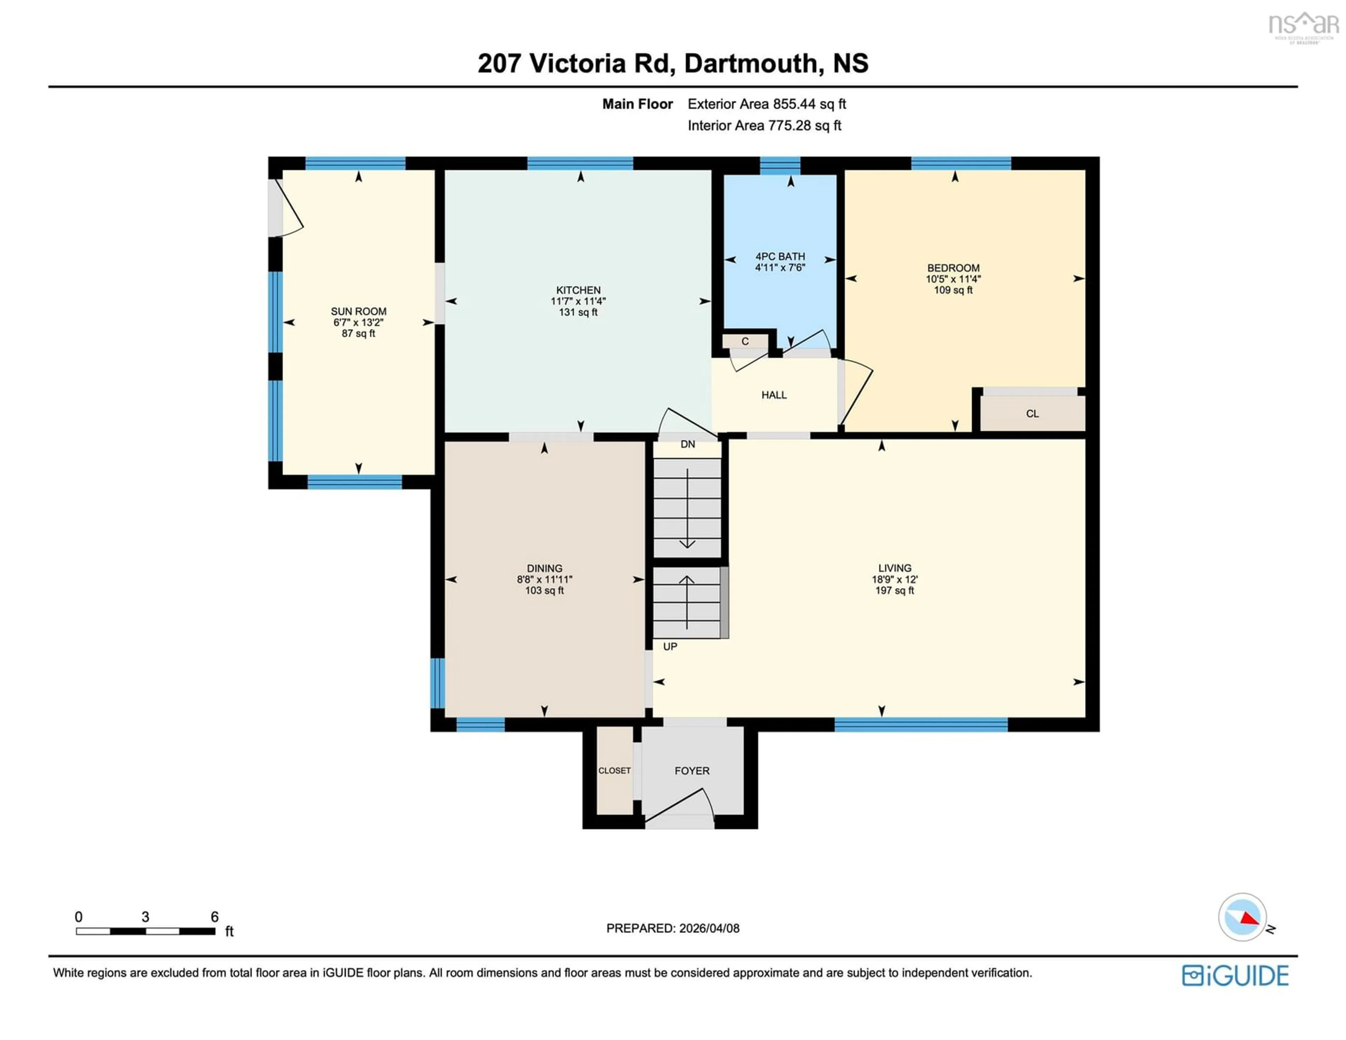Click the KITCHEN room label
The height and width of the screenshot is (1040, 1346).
(578, 290)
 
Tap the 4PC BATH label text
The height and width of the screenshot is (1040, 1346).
(780, 256)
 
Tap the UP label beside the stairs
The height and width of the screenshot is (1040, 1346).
(670, 647)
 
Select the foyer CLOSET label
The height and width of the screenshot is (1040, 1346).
(614, 771)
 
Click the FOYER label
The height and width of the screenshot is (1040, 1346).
(692, 771)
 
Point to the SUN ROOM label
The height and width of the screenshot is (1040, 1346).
(359, 311)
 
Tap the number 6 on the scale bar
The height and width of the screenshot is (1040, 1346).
(215, 917)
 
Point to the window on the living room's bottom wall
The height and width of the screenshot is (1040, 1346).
(921, 725)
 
